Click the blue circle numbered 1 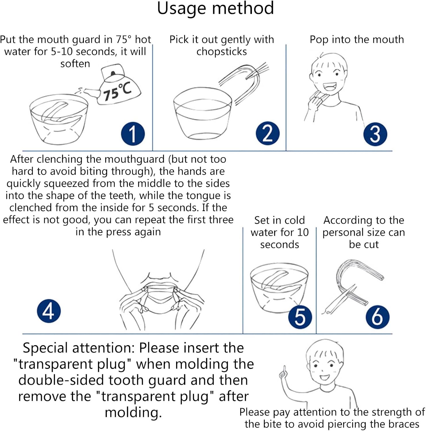tap(133, 134)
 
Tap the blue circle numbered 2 tap(267, 133)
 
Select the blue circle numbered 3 tap(375, 134)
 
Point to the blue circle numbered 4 tap(49, 311)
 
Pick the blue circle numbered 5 tap(300, 317)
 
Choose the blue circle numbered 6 tap(377, 317)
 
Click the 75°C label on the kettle tap(117, 91)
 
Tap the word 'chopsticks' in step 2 tap(221, 52)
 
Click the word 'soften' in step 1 tap(75, 64)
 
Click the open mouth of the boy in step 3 tap(329, 86)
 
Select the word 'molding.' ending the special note tap(133, 413)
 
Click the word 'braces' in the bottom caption tap(404, 424)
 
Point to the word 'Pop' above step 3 tap(319, 40)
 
